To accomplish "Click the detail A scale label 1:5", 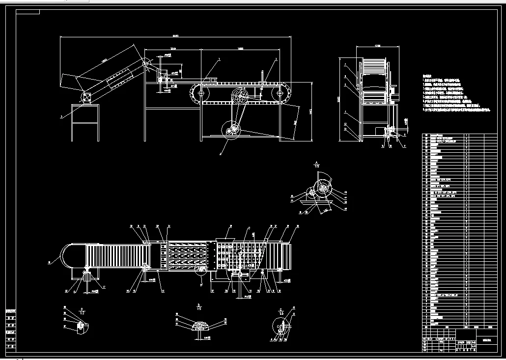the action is point(316,166).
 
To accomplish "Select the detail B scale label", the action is point(199,308).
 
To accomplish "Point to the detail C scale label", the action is point(281,312).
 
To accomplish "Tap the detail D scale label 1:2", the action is point(82,312).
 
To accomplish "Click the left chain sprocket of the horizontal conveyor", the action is point(201,93).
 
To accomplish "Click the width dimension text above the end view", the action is point(377,46).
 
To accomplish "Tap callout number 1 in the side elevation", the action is point(219,58).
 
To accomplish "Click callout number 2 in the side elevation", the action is point(276,59).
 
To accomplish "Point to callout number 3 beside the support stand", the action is point(61,117).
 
